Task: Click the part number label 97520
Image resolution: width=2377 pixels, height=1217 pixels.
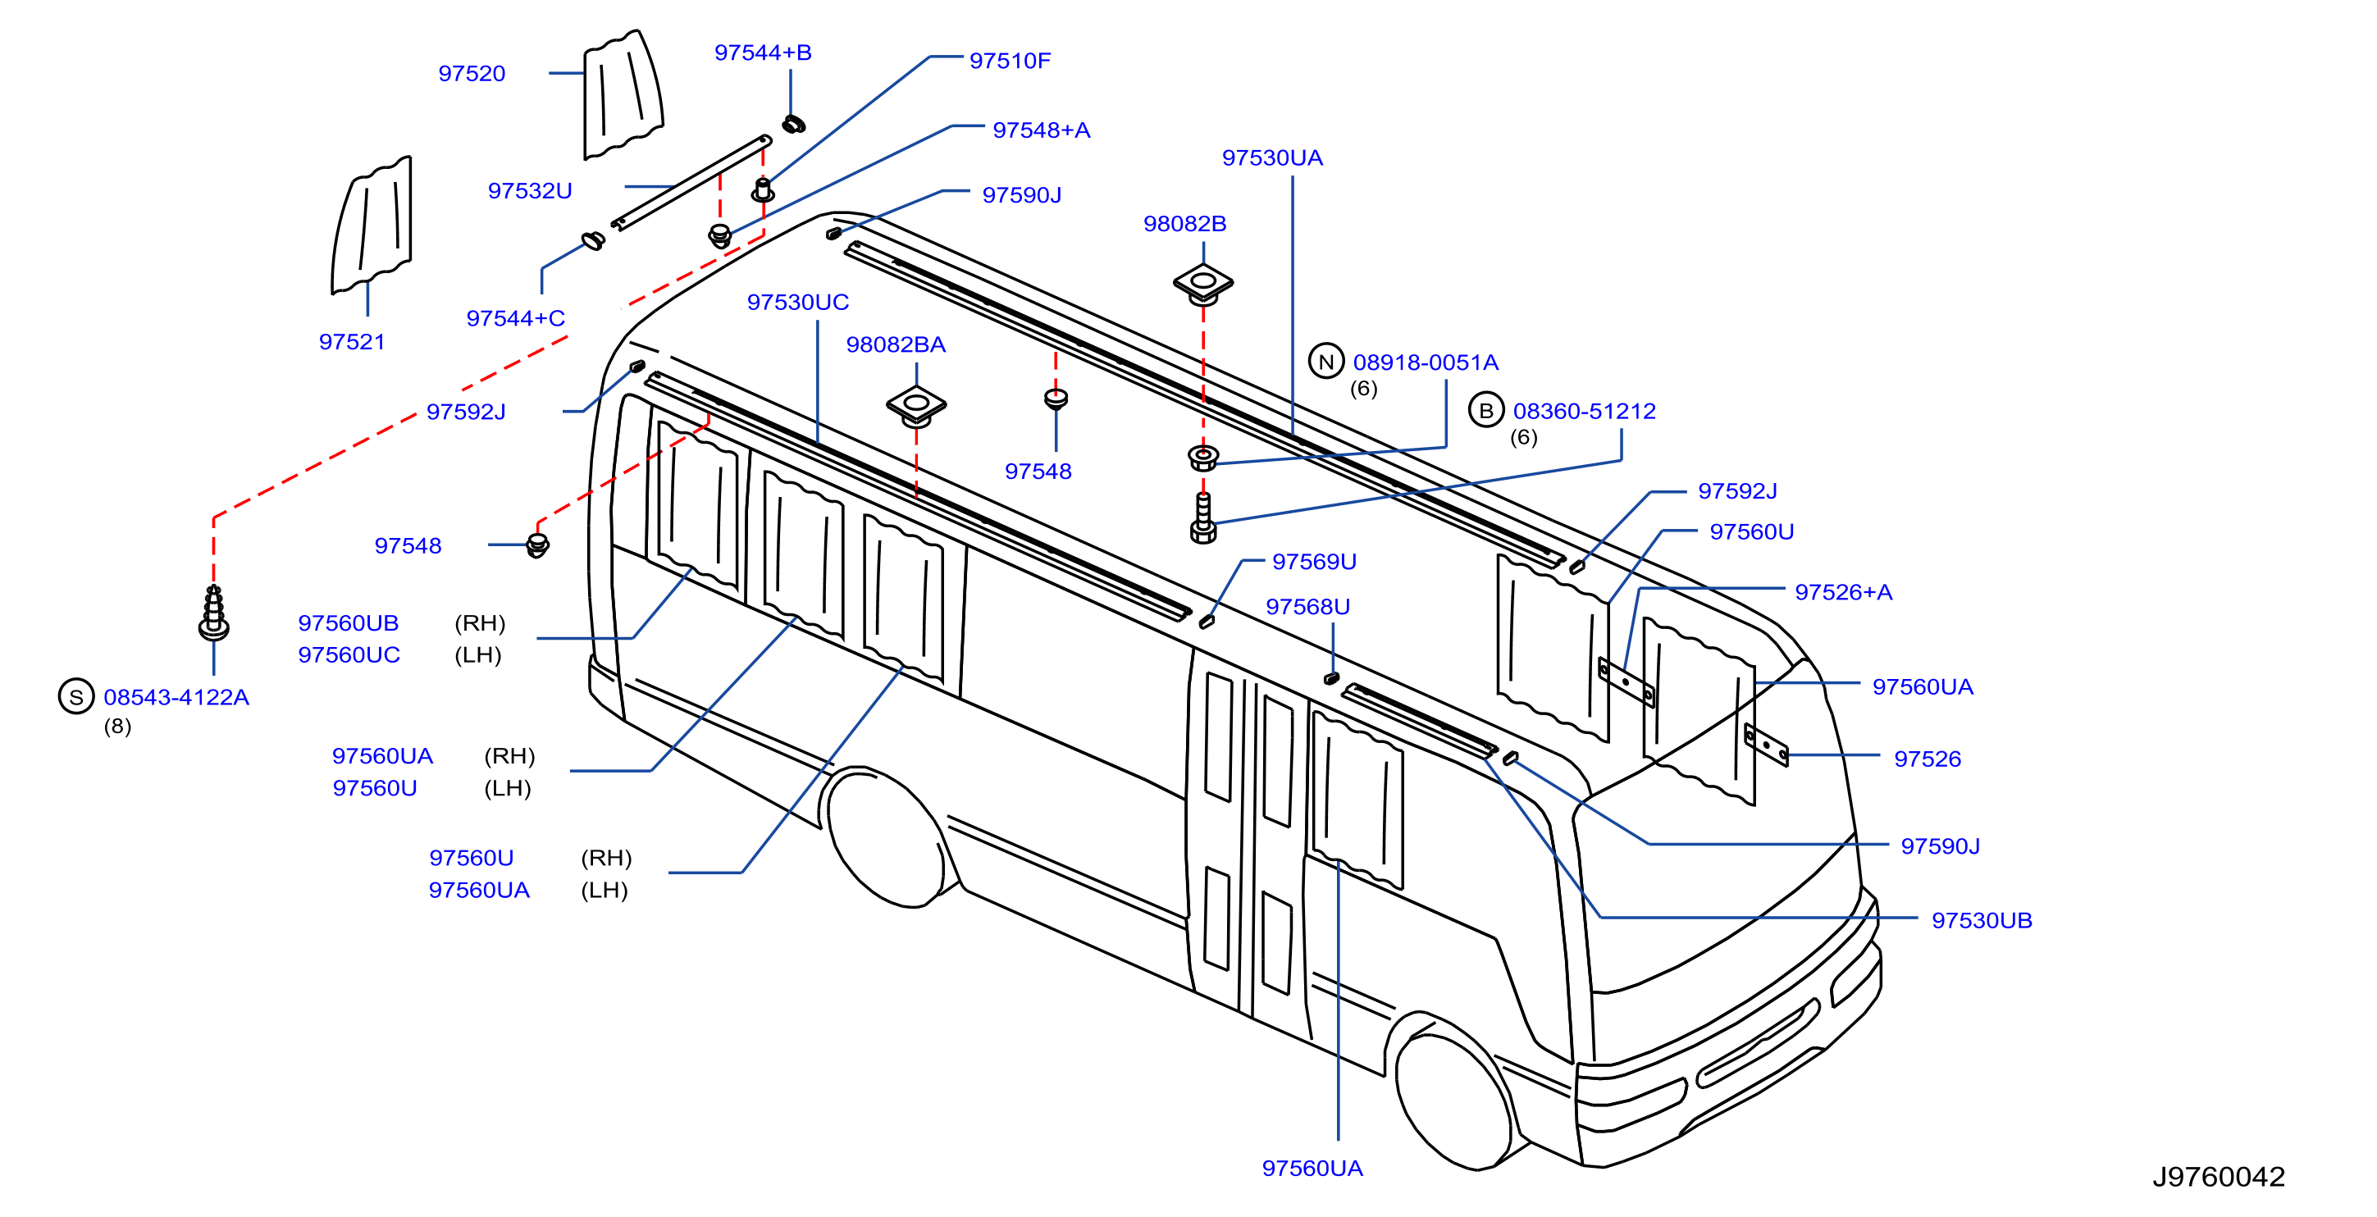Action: pos(472,74)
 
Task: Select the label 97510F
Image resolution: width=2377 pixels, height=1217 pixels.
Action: pos(1010,61)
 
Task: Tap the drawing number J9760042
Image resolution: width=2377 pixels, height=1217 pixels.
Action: pos(2218,1176)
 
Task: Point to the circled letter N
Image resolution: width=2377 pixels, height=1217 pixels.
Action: pos(1326,362)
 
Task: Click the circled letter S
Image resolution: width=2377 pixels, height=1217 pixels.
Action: pos(76,696)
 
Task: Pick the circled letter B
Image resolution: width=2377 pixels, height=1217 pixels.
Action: pos(1485,411)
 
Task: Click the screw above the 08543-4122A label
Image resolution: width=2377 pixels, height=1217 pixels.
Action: pos(214,613)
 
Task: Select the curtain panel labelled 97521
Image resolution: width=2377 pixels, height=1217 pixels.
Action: pos(372,226)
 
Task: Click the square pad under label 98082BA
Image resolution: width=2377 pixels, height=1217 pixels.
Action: pos(916,406)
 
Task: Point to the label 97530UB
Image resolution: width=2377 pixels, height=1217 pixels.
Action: pos(1981,920)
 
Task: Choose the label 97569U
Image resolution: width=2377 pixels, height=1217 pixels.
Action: pos(1314,561)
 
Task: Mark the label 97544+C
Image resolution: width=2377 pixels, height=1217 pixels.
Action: pos(515,318)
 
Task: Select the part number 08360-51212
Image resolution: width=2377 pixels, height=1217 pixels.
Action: pos(1585,411)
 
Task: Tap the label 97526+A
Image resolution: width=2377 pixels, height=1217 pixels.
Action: pos(1843,592)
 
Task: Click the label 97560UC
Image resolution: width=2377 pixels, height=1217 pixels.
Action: pos(349,655)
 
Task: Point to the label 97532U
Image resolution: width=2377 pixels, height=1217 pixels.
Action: pos(530,191)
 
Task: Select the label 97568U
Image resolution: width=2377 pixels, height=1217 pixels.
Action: pos(1307,606)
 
